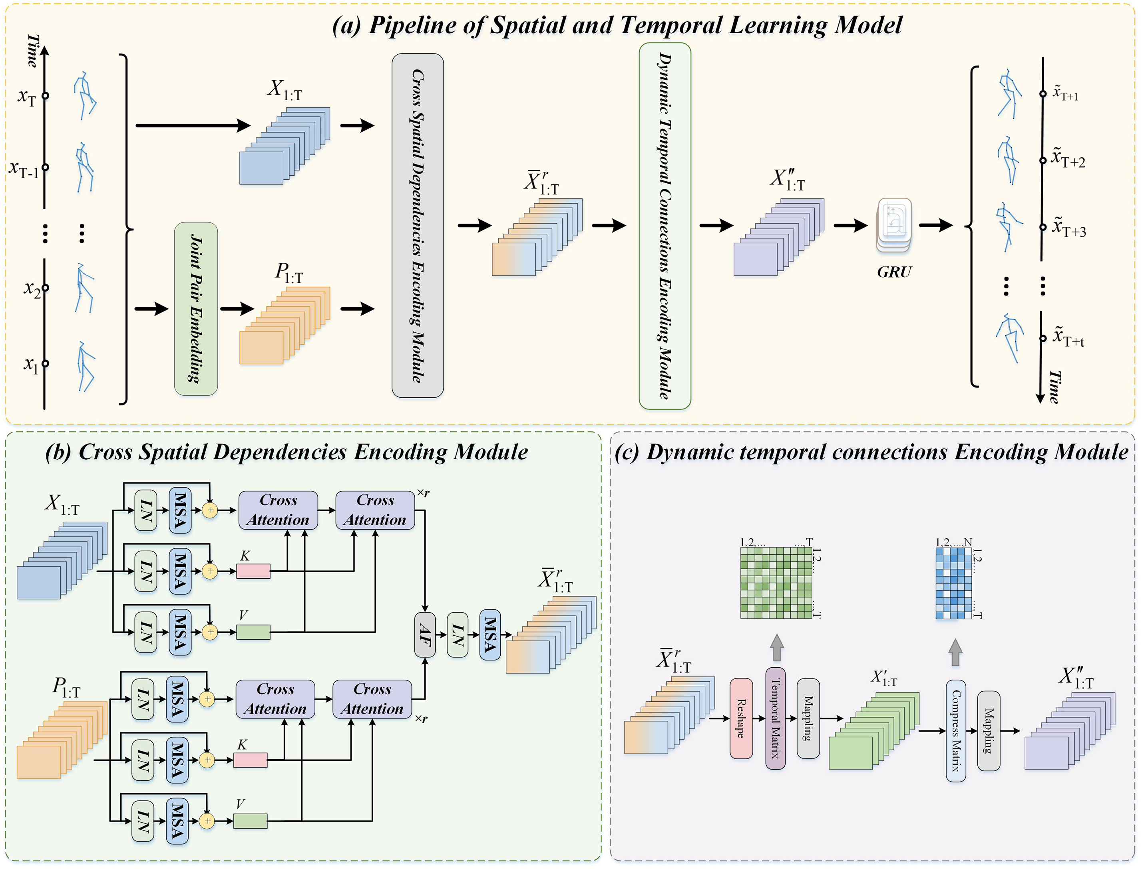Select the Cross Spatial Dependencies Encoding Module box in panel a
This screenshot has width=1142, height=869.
click(x=417, y=226)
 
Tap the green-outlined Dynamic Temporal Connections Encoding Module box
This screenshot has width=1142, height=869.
click(x=665, y=226)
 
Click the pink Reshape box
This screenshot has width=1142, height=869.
click(x=741, y=718)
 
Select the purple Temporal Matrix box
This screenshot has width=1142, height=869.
click(x=775, y=718)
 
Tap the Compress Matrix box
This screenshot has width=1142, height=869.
click(x=956, y=730)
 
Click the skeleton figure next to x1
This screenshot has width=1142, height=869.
click(x=86, y=366)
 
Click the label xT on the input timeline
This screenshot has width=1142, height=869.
click(x=27, y=96)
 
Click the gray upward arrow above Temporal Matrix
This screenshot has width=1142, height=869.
click(x=776, y=648)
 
